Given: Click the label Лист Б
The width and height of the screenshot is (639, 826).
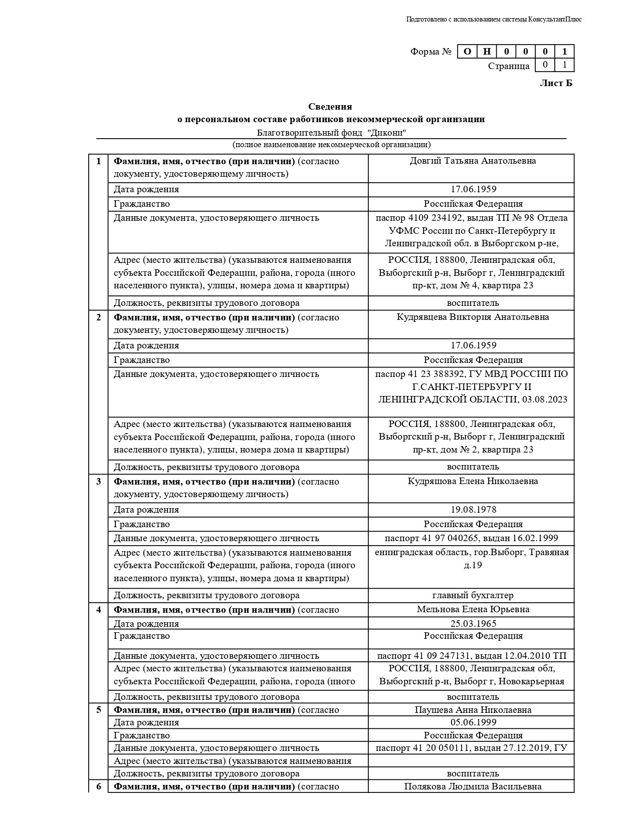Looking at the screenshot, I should point(556,83).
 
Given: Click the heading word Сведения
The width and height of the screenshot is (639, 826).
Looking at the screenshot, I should point(330,107).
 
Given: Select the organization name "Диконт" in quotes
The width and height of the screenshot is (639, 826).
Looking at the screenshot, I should point(386,133).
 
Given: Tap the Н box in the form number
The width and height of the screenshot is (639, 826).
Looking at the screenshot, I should point(487,51).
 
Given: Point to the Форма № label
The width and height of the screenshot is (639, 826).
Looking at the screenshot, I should point(431,52).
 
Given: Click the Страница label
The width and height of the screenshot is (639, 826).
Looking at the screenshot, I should point(509,66).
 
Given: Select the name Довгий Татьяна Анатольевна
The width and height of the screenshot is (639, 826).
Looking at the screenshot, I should point(473,161).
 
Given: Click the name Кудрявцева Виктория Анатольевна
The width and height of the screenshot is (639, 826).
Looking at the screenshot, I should point(473,317).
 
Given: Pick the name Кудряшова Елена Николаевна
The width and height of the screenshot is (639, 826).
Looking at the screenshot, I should point(473,481).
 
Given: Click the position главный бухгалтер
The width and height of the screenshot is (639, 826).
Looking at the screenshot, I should point(473,595).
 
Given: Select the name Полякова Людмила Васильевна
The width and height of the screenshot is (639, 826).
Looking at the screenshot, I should point(473,786).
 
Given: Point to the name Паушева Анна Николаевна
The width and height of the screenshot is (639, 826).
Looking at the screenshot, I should point(473,710).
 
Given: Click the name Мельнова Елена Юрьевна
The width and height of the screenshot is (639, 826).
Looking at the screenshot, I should point(473,609).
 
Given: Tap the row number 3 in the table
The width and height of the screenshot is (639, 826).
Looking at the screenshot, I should point(99,482).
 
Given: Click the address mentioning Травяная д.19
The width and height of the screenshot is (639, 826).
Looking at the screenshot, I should point(472,559).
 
